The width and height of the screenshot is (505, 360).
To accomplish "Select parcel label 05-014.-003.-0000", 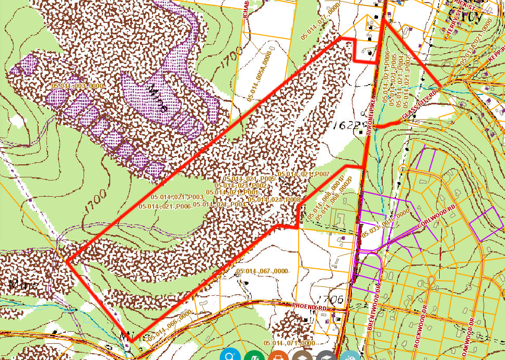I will [79, 85].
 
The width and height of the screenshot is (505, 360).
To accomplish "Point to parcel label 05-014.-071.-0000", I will [289, 343].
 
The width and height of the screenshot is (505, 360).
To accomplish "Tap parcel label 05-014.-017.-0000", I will [321, 20].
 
